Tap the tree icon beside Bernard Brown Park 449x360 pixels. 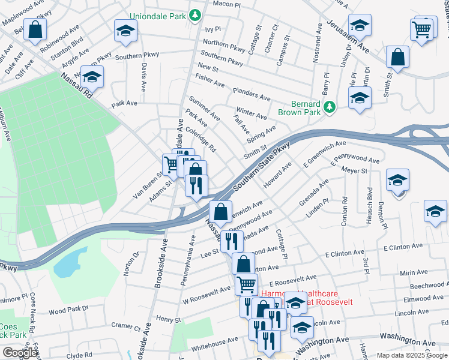[328, 107]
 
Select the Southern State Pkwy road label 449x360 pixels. [262, 167]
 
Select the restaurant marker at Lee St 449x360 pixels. [231, 241]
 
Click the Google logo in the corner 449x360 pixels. [20, 353]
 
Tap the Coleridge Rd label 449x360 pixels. [200, 139]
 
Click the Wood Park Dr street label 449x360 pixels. [68, 311]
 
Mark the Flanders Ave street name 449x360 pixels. [252, 95]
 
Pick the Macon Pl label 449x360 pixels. [226, 4]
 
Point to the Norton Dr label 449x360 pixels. [131, 263]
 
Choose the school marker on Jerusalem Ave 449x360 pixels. [359, 25]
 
